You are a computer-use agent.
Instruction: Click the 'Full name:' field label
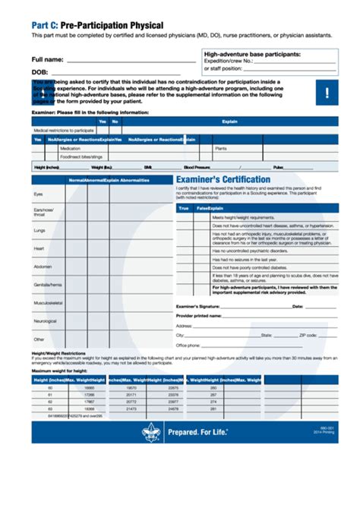pyautogui.click(x=47, y=59)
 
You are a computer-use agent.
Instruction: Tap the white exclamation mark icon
pyautogui.click(x=327, y=93)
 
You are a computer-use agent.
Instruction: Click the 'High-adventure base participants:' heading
pyautogui.click(x=252, y=55)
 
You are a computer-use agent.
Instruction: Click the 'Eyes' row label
pyautogui.click(x=38, y=194)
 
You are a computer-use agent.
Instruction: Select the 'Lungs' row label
pyautogui.click(x=39, y=230)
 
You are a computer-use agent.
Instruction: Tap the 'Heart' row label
pyautogui.click(x=39, y=248)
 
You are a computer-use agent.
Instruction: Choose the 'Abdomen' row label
pyautogui.click(x=43, y=267)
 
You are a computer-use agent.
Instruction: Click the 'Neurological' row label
pyautogui.click(x=45, y=320)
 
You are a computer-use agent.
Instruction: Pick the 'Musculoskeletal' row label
pyautogui.click(x=48, y=302)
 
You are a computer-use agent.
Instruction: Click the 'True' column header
pyautogui.click(x=183, y=207)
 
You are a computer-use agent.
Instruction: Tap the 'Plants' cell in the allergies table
pyautogui.click(x=221, y=149)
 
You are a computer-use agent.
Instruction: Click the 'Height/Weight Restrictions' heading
pyautogui.click(x=58, y=353)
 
